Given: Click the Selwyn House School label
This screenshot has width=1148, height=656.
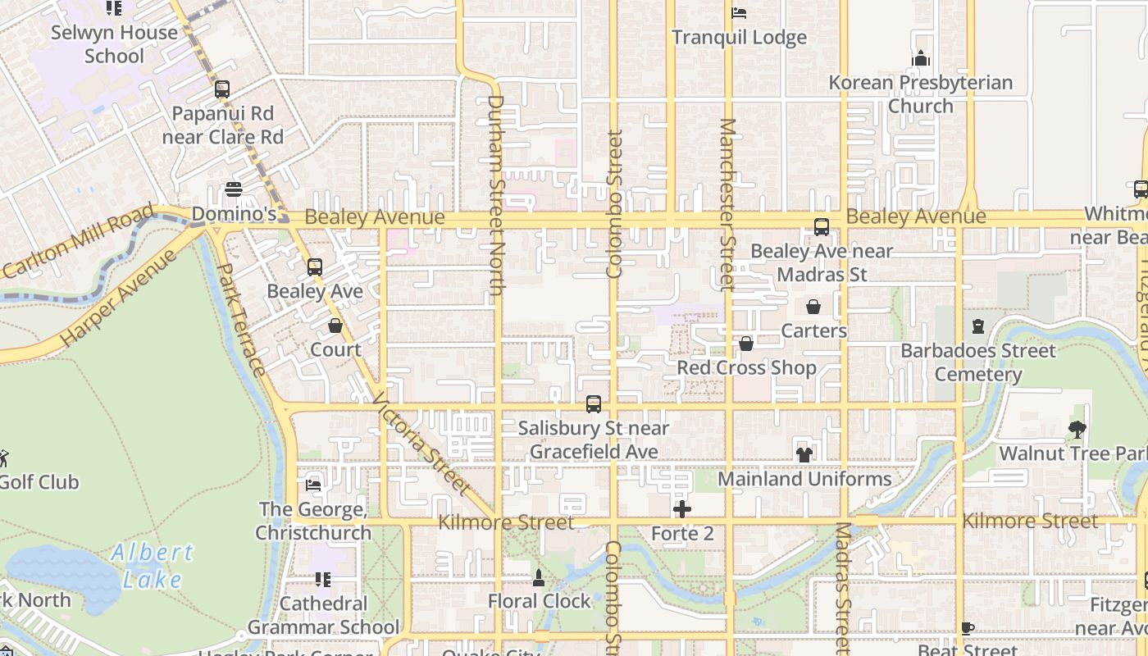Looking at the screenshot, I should coord(114,44).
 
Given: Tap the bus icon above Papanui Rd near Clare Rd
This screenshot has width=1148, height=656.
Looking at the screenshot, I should coord(221,89).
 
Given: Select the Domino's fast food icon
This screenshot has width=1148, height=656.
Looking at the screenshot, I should coord(234,190).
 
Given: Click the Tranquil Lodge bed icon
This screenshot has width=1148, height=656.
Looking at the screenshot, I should coord(739,13).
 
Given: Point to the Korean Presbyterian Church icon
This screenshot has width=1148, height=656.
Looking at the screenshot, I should coord(921,59).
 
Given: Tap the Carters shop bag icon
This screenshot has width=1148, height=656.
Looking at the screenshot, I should coord(813,307).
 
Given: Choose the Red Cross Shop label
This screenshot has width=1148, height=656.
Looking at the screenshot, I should coord(746,368).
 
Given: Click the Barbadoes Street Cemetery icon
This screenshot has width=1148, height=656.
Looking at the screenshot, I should coord(977,326).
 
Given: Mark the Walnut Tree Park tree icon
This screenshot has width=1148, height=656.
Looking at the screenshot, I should coord(1077,429).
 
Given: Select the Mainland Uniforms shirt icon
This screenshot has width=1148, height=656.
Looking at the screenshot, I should coord(804,454).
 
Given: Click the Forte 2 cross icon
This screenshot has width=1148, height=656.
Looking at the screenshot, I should coord(682,509).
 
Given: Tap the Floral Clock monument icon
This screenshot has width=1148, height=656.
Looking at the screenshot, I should coord(539,577).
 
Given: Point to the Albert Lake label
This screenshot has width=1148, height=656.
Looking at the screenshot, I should coord(153,566).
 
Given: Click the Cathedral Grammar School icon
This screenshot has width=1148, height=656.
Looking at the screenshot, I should coord(323,580).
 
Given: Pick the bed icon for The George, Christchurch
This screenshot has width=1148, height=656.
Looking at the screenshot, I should coord(313,485).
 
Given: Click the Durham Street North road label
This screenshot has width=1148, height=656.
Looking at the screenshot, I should coord(495,195).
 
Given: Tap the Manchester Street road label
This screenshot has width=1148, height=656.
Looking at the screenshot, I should coord(727,204).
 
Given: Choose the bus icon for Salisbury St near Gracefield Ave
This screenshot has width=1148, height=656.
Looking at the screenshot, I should coord(594,404).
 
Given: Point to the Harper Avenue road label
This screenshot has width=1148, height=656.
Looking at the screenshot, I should coord(118,298).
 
